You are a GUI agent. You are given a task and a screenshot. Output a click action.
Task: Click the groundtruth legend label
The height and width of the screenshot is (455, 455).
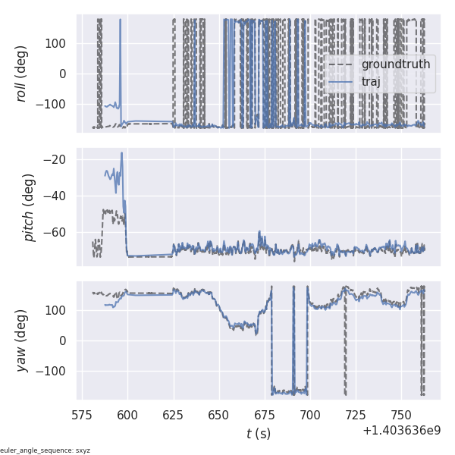(395, 64)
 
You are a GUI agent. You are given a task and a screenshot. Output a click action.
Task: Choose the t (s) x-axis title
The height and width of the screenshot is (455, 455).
(259, 434)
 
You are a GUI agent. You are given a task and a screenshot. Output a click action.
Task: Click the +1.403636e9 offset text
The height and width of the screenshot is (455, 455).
(401, 430)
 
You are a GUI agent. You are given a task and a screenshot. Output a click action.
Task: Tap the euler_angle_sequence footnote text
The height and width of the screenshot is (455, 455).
(45, 450)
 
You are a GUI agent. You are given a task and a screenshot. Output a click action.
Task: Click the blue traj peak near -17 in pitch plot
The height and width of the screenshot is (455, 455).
(121, 153)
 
